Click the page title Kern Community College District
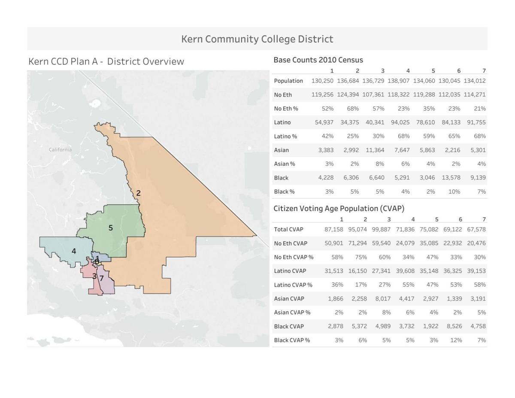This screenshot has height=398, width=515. click(257, 39)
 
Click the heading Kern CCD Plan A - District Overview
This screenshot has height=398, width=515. click(106, 61)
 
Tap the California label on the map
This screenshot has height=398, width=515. click(60, 150)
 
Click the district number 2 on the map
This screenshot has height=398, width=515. click(138, 193)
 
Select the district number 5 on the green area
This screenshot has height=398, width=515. click(111, 228)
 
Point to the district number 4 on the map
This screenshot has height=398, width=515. click(74, 251)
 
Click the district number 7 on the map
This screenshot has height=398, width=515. click(102, 278)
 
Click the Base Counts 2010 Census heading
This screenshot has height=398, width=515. click(318, 60)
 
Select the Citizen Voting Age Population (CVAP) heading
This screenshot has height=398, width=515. click(339, 209)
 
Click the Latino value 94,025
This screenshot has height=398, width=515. click(400, 122)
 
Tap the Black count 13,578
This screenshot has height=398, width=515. click(451, 178)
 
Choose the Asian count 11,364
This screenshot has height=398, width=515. click(375, 150)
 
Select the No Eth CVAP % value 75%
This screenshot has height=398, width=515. click(361, 257)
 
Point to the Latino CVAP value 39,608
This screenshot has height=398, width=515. click(405, 271)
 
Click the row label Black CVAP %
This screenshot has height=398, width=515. click(292, 340)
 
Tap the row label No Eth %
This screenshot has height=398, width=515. click(286, 109)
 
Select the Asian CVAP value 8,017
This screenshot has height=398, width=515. click(383, 299)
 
